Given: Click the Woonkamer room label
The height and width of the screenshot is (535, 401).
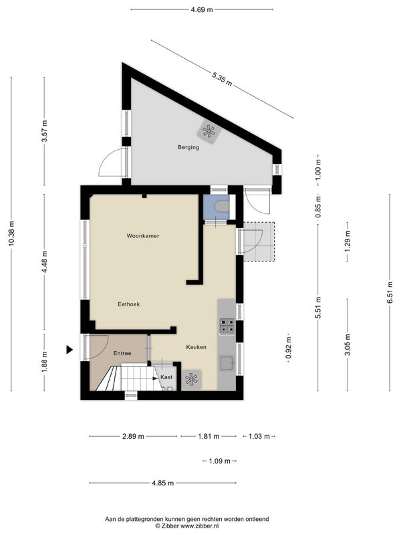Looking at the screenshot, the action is [x=143, y=236].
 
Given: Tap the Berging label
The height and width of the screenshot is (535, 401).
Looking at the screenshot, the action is [x=188, y=147].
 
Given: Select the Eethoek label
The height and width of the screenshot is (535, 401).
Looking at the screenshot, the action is [x=129, y=304].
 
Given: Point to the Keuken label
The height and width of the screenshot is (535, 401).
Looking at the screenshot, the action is [x=196, y=347].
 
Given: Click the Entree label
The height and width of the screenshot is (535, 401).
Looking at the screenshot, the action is [x=122, y=353].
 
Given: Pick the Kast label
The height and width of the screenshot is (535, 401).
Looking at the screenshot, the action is [x=166, y=377].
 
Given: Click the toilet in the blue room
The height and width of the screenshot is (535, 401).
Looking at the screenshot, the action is [x=222, y=206].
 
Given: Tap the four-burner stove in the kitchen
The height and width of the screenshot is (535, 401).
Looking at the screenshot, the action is [x=227, y=326].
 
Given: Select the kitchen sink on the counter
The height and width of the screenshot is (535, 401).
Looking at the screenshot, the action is [x=227, y=363].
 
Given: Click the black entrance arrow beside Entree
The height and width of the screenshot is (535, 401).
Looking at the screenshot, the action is [x=70, y=349].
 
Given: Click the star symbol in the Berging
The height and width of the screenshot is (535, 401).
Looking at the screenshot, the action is [x=209, y=131].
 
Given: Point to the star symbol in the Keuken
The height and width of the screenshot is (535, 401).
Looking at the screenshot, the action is [x=191, y=379].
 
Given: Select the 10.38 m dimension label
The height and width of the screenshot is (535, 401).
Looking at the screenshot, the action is [x=11, y=233].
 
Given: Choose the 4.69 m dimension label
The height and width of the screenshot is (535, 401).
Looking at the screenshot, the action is [x=202, y=9].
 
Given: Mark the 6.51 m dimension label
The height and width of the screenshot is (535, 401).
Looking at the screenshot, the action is [x=390, y=292].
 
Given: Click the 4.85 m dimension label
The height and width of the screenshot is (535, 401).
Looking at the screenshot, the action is [x=162, y=483].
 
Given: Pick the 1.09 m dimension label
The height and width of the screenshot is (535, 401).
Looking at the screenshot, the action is [x=220, y=461].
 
